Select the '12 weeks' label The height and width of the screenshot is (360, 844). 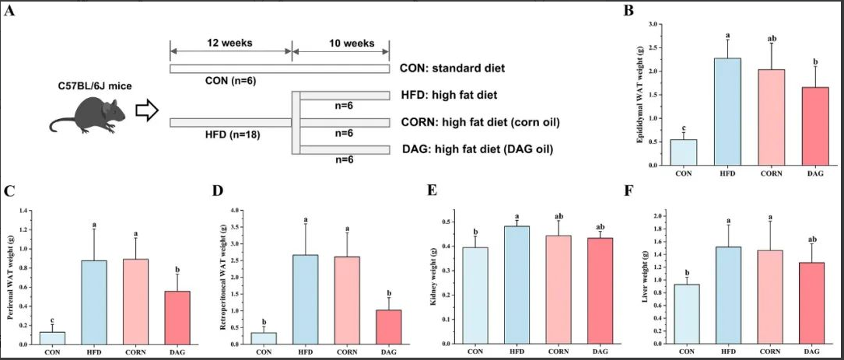230,43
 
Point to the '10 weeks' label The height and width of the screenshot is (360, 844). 341,43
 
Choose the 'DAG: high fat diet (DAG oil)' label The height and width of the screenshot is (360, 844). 476,149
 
